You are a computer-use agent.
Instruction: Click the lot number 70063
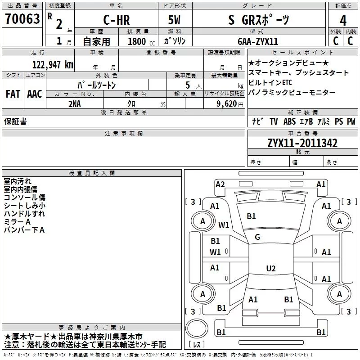pyautogui.click(x=22, y=19)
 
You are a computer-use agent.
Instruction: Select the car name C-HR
pyautogui.click(x=117, y=20)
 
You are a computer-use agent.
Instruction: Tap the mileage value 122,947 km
pyautogui.click(x=53, y=65)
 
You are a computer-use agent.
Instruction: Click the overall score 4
pyautogui.click(x=343, y=21)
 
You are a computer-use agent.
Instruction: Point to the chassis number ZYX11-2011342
pyautogui.click(x=302, y=143)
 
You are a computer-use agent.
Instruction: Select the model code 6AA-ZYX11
pyautogui.click(x=258, y=41)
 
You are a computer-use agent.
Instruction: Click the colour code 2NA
pyautogui.click(x=75, y=104)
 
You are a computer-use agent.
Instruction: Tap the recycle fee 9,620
pyautogui.click(x=227, y=104)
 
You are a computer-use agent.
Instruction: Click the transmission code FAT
pyautogui.click(x=13, y=94)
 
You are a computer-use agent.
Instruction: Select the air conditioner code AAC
pyautogui.click(x=35, y=94)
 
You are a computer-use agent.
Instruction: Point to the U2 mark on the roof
pyautogui.click(x=271, y=268)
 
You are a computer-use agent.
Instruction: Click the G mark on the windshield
pyautogui.click(x=257, y=237)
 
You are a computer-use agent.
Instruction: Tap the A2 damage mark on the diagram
pyautogui.click(x=220, y=184)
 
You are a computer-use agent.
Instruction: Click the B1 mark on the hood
pyautogui.click(x=251, y=216)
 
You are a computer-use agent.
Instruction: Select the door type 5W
pyautogui.click(x=174, y=20)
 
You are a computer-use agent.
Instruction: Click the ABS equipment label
pyautogui.click(x=289, y=121)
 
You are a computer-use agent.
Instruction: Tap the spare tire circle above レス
pyautogui.click(x=197, y=328)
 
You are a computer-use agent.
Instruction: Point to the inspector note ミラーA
pyautogui.click(x=17, y=222)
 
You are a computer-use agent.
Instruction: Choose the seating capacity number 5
pyautogui.click(x=188, y=85)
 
